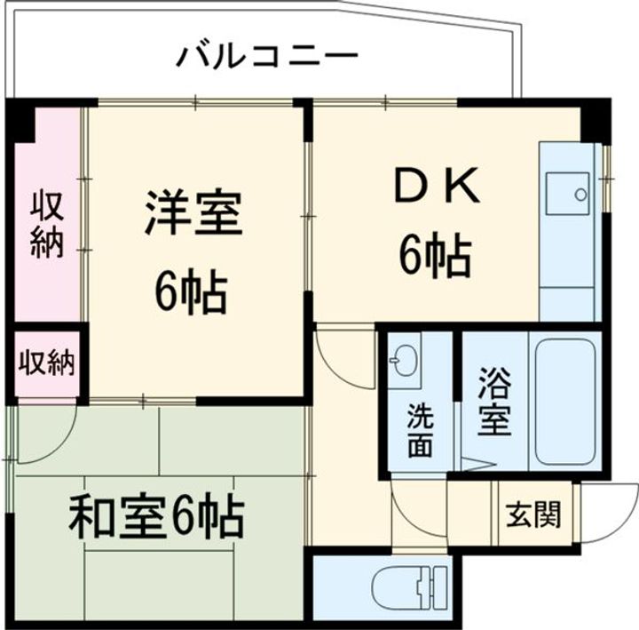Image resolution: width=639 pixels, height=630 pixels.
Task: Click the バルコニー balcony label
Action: click(x=266, y=58)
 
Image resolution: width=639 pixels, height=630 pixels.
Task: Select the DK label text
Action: click(x=437, y=188)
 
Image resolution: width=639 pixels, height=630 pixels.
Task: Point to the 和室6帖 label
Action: click(x=157, y=516)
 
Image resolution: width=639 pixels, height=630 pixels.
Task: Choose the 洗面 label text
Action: click(x=420, y=430)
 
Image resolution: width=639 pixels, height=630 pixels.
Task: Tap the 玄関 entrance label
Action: click(x=533, y=514)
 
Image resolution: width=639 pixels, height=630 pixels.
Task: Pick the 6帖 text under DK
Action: click(x=434, y=257)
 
